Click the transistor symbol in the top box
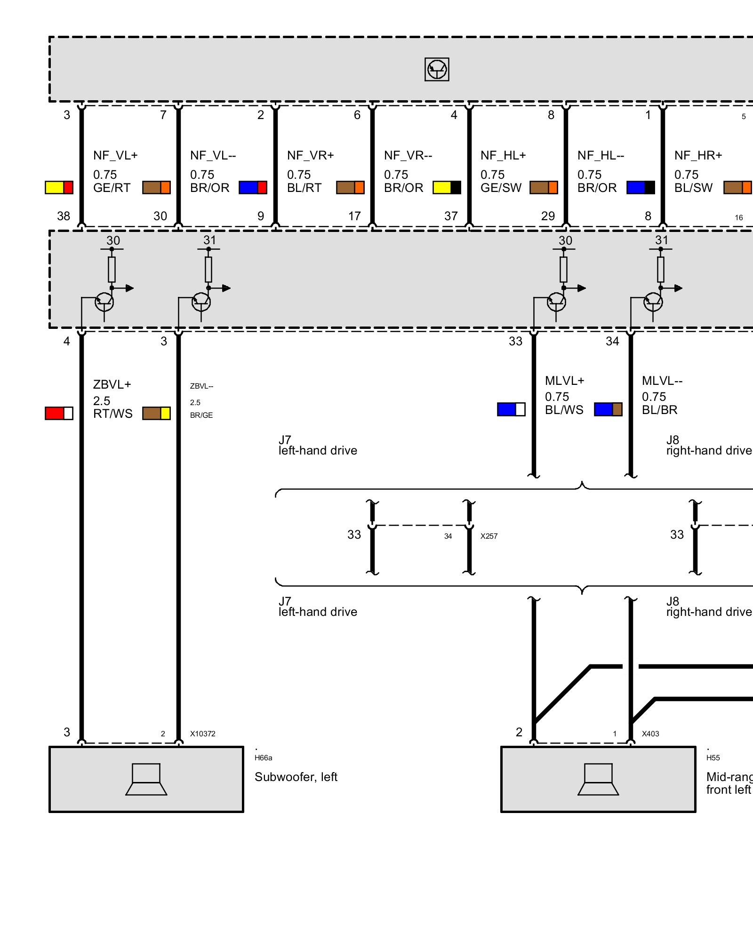437,70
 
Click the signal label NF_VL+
115,155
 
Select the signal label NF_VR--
408,155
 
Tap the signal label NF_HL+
503,155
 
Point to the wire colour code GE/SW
501,188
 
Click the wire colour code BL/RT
304,188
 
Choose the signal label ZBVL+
112,384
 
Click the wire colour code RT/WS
113,414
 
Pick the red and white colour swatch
59,413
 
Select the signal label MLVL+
564,381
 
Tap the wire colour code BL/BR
659,410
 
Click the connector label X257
489,536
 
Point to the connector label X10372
203,734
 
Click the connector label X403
650,734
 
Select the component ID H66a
264,758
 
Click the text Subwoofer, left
296,777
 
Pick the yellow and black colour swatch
447,188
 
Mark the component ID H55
713,758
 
